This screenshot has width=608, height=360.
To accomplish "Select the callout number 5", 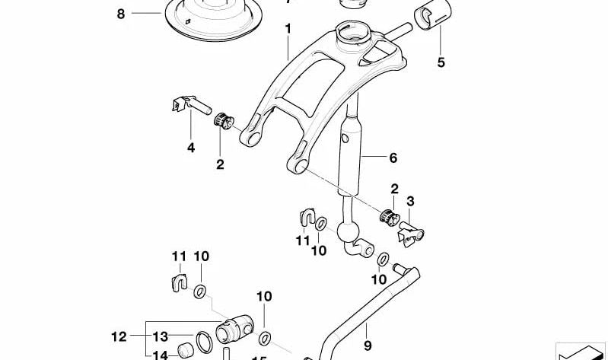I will pos(441,62).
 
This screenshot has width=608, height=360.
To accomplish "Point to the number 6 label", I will pos(393,158).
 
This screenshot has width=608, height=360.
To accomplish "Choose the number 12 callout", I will pos(117,335).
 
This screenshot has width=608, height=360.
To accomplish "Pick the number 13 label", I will pos(161,336).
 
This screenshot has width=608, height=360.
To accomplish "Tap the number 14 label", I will pos(161,354).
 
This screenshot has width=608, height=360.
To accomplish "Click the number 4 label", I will pos(191,147).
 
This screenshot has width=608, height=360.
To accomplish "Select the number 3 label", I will pos(410,201).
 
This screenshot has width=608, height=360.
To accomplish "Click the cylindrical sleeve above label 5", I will pos(431,16).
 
